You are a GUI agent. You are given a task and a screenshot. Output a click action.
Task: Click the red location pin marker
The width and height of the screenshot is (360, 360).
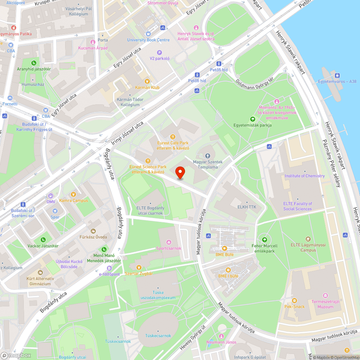(180, 172)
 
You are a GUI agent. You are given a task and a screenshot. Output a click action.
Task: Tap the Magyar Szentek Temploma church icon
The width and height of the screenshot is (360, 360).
(207, 156)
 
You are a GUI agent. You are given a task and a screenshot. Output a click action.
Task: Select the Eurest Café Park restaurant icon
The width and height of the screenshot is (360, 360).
(173, 137)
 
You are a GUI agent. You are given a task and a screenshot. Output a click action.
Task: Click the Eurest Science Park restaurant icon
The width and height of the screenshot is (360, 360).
(148, 161)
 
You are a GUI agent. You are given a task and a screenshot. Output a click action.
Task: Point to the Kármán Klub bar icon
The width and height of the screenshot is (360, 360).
(147, 81)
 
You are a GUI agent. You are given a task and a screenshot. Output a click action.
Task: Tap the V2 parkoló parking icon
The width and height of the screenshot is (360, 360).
(159, 53)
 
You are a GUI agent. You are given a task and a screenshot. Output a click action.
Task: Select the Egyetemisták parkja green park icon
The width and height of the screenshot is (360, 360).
(252, 119)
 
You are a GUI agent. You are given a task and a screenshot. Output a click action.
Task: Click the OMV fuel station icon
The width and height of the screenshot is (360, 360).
(50, 196)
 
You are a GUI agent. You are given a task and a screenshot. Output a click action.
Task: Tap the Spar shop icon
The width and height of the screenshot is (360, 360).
(55, 211)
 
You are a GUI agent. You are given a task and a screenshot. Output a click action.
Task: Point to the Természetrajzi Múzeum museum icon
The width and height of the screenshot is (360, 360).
(325, 295)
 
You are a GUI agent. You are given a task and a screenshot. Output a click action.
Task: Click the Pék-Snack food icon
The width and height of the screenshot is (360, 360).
(294, 301)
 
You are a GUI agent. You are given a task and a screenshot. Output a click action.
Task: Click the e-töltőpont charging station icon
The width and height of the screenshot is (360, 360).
(109, 268)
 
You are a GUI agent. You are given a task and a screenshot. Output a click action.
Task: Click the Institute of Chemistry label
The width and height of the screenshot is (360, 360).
(305, 176)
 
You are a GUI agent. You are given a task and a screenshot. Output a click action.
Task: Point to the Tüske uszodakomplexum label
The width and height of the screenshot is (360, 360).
(159, 295)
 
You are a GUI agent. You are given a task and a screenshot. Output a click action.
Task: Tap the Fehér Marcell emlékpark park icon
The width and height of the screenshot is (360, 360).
(265, 240)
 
